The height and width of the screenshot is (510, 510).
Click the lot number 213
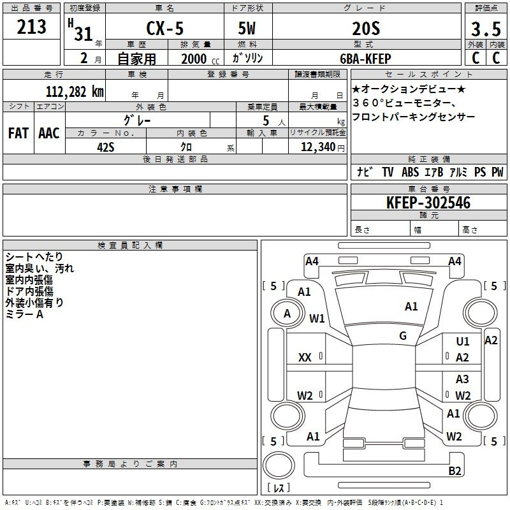(31, 27)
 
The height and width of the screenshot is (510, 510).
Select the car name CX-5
(165, 28)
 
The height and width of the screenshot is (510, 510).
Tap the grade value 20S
(366, 28)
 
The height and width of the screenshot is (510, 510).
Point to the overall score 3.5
(486, 29)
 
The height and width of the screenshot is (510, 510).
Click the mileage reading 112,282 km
(75, 91)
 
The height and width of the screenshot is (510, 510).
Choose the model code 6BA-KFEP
(365, 59)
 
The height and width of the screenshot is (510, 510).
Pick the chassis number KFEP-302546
(428, 203)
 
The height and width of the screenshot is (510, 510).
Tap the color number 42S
(106, 147)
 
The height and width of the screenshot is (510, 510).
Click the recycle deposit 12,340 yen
(323, 147)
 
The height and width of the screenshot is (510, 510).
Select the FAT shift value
(18, 133)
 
